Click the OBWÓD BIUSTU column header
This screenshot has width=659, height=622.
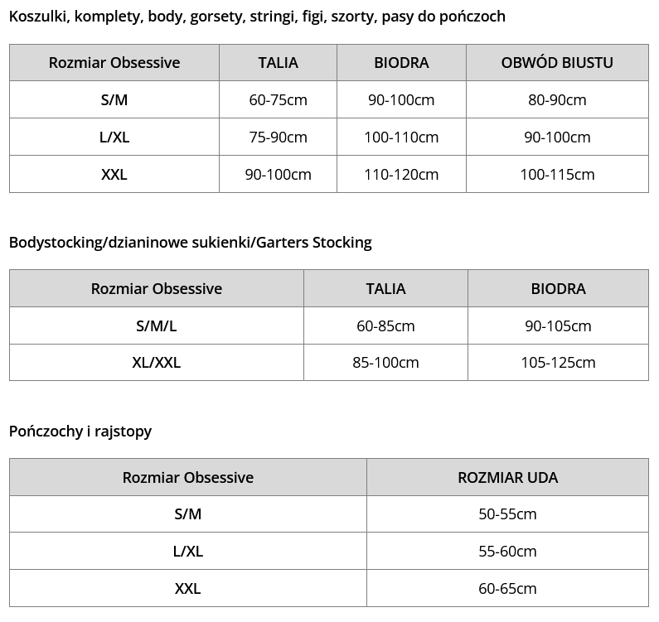point(557,63)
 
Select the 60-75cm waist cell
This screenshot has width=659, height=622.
point(278,100)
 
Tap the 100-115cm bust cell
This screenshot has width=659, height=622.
point(557,175)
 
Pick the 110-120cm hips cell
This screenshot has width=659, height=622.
point(401,175)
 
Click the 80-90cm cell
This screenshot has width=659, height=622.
point(557,100)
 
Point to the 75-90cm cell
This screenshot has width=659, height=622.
point(278,137)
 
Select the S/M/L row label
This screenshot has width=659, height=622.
point(156,326)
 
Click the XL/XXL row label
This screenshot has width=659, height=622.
point(156,363)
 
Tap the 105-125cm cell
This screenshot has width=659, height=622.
point(558,363)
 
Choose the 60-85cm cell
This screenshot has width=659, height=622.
point(385,326)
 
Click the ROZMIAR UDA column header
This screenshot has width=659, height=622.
point(507,478)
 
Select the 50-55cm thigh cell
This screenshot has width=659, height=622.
point(507,514)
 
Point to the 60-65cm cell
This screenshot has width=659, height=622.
point(507,589)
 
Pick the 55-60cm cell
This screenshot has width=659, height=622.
point(507,552)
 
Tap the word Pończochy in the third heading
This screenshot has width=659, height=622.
point(43,432)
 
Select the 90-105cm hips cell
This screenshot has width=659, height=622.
point(558,326)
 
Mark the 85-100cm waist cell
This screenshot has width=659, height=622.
point(385,363)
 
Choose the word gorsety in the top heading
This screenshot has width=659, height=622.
point(217,17)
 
